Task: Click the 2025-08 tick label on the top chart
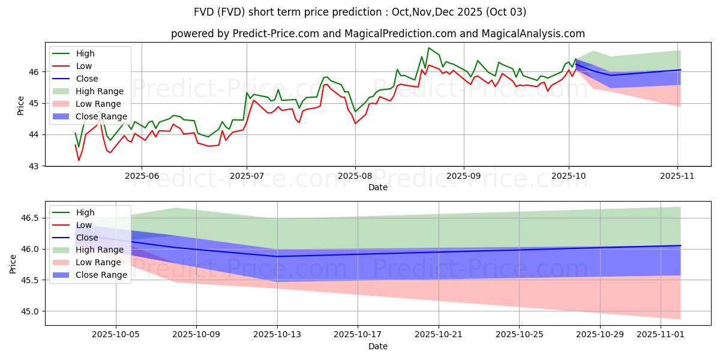pos(355,176)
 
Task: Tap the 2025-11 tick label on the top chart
pos(678,176)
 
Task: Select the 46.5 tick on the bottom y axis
pos(33,218)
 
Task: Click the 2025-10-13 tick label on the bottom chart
pos(277,334)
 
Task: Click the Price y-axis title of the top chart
pos(20,105)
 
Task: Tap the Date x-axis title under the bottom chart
pos(378,346)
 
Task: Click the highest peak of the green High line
pos(429,48)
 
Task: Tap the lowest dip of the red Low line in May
pos(79,160)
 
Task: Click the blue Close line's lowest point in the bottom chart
pos(277,256)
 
